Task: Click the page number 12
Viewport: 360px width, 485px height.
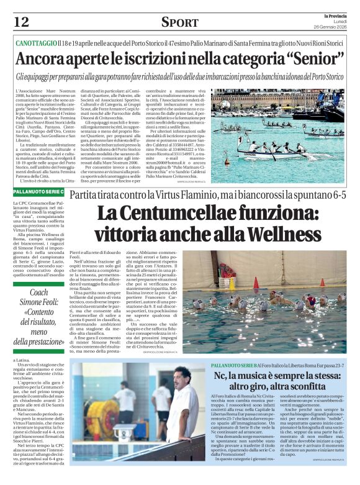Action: click(x=21, y=22)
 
